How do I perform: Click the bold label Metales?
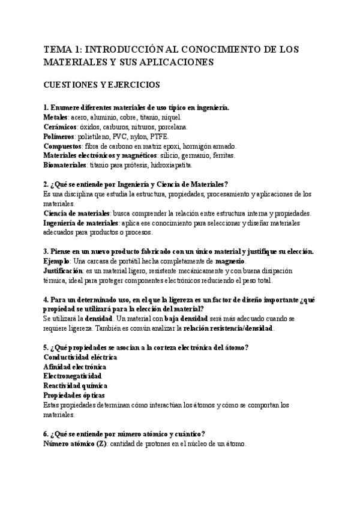click(x=56, y=117)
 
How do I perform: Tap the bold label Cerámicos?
click(x=61, y=127)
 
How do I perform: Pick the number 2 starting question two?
click(x=46, y=184)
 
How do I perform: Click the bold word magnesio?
click(x=230, y=261)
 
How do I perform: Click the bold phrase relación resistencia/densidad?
click(x=229, y=329)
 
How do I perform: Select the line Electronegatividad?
click(x=73, y=376)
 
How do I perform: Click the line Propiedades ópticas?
click(x=74, y=396)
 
